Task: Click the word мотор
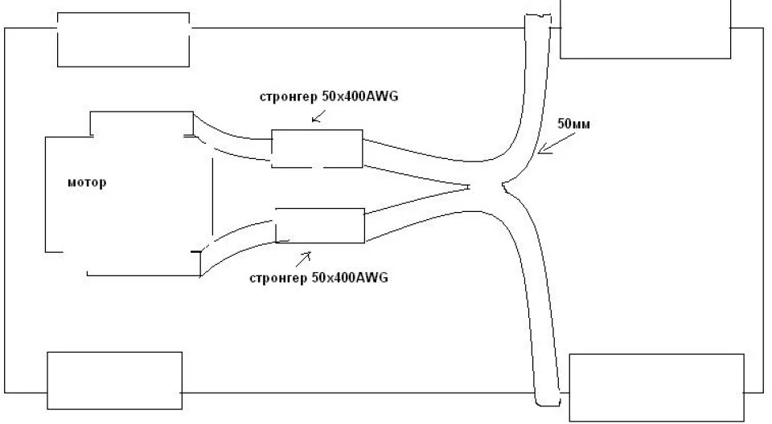point(87,182)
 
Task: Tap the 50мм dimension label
point(573,124)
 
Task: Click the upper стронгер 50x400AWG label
point(329,96)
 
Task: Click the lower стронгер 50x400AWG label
point(319,278)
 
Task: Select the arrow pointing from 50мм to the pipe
point(556,143)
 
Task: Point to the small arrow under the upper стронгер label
point(318,116)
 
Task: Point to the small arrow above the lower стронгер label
point(303,259)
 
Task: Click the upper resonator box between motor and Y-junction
point(317,149)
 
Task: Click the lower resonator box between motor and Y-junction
point(320,226)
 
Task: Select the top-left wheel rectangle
point(124,39)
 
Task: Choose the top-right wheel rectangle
point(646,30)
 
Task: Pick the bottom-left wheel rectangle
point(115,380)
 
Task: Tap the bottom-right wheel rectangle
point(657,388)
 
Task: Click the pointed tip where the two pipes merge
point(469,186)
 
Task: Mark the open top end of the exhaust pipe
point(537,16)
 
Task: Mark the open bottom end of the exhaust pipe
point(548,404)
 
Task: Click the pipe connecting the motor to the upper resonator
point(232,141)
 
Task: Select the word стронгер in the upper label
point(289,97)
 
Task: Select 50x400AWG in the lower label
point(350,278)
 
